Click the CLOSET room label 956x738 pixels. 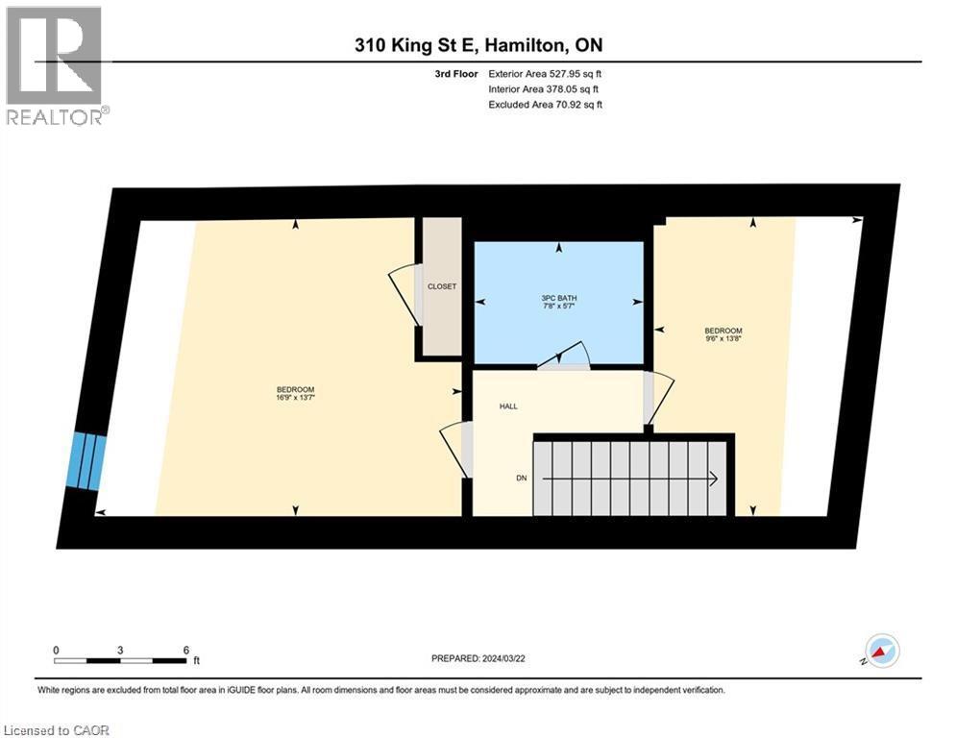pos(442,286)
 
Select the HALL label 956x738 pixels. pos(508,406)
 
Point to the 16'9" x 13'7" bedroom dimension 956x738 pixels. pos(295,397)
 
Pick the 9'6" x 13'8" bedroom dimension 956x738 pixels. pos(723,338)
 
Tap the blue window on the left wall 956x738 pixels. pos(87,462)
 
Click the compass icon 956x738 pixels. pos(881,651)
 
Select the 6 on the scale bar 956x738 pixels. pos(185,650)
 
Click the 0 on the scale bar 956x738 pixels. pos(57,650)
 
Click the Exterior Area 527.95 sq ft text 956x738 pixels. pos(545,73)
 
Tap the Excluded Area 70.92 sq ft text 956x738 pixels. pos(545,105)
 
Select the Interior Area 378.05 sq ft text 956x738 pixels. pos(545,88)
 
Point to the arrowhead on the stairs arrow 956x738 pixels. pos(715,477)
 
